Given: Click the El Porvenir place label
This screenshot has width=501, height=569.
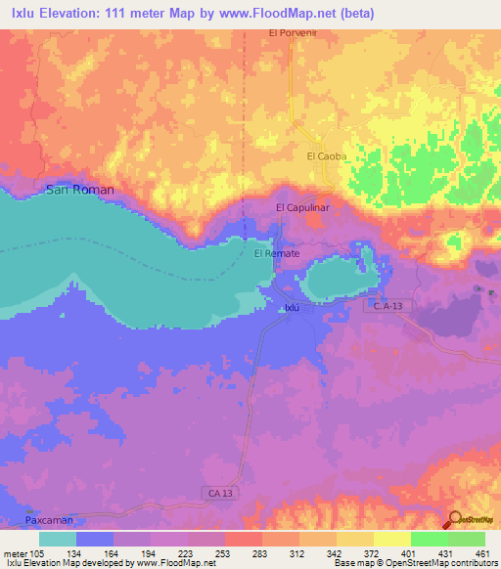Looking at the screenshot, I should tap(295, 32).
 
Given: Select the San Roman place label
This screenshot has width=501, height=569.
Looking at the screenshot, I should tap(80, 189).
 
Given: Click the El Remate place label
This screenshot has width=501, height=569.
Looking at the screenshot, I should tap(277, 254).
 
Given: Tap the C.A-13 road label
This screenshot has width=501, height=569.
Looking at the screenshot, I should tap(390, 307).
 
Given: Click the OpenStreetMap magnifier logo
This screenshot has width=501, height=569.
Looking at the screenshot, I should tap(454, 520).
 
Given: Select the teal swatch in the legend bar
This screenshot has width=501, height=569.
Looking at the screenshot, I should tap(58, 538).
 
